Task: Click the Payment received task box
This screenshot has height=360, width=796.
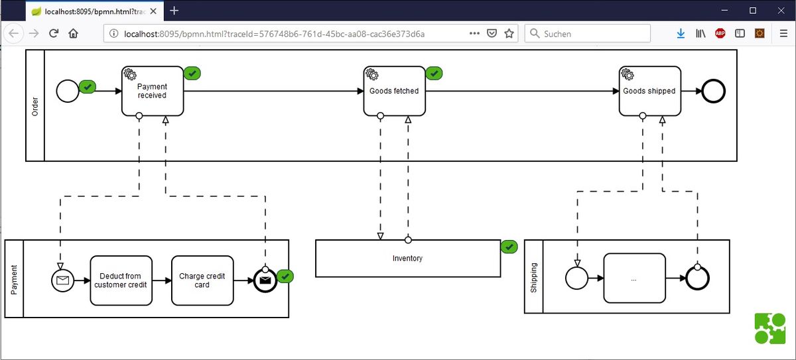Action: click(153, 91)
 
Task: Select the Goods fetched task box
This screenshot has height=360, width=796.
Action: click(395, 91)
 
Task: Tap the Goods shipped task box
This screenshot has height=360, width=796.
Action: click(650, 91)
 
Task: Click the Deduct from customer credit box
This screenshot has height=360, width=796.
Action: click(121, 280)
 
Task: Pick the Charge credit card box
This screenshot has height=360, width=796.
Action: click(202, 280)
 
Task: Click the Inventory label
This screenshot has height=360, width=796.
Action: click(407, 258)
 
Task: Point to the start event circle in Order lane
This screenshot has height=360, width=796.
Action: click(68, 91)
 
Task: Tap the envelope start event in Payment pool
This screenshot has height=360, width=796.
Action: click(62, 280)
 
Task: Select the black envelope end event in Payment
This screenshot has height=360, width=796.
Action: click(265, 280)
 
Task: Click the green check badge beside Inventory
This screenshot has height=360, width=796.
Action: click(509, 247)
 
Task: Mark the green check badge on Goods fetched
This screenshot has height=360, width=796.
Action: click(434, 74)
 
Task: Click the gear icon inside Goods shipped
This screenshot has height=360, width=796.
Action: click(628, 74)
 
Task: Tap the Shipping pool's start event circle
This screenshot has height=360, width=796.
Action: click(576, 278)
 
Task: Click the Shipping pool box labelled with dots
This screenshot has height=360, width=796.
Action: click(635, 278)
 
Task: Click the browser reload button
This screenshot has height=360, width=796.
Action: click(54, 33)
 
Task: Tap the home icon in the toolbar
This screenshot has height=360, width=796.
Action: click(73, 33)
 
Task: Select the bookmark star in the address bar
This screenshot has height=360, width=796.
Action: click(509, 33)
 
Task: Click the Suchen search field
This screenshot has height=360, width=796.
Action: click(588, 33)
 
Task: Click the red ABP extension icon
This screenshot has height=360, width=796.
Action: click(720, 33)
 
